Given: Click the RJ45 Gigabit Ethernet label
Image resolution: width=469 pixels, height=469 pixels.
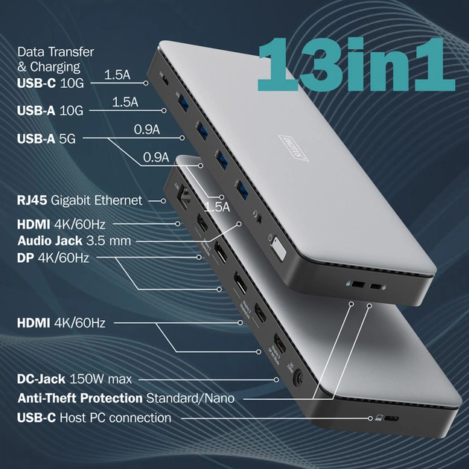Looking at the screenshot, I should click(x=79, y=200).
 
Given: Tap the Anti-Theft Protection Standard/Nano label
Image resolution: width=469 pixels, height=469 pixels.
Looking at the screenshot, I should click(x=126, y=398).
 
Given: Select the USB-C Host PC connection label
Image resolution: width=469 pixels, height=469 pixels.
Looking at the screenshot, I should click(x=94, y=418).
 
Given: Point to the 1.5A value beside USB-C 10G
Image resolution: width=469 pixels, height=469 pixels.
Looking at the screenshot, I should click(x=118, y=74).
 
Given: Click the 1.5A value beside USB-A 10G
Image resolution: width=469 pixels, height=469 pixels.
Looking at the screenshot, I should click(x=125, y=103).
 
